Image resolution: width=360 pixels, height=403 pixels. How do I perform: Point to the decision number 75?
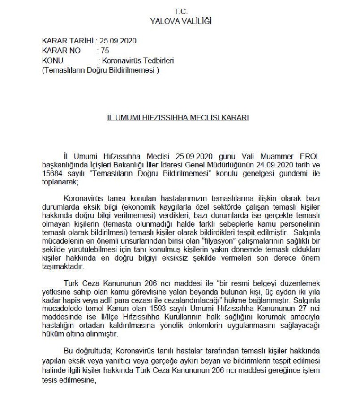point(105,51)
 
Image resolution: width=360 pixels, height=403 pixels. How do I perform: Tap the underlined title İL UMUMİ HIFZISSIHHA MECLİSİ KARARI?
point(181,118)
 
